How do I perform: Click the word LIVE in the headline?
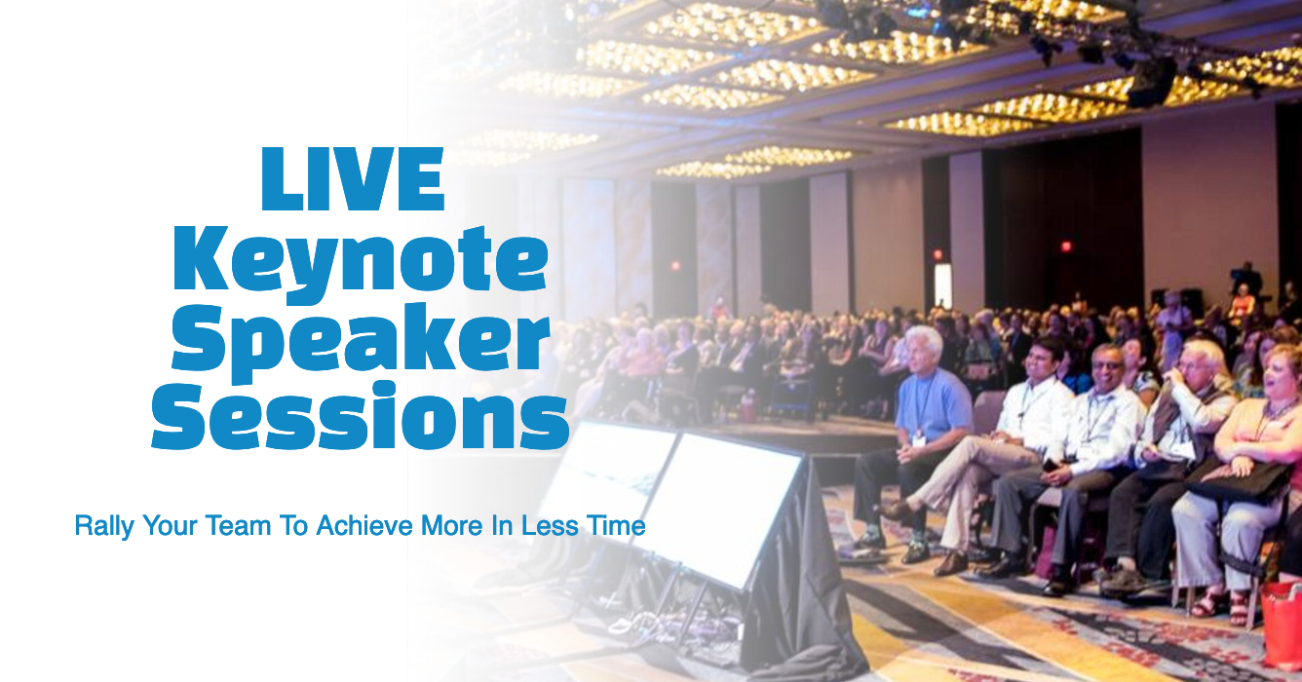(x=353, y=178)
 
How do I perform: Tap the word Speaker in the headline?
(x=361, y=343)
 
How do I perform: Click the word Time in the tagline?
(x=616, y=526)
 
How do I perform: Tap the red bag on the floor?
(x=1282, y=625)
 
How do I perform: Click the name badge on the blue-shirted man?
(x=918, y=438)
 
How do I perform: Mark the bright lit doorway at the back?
(x=942, y=285)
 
